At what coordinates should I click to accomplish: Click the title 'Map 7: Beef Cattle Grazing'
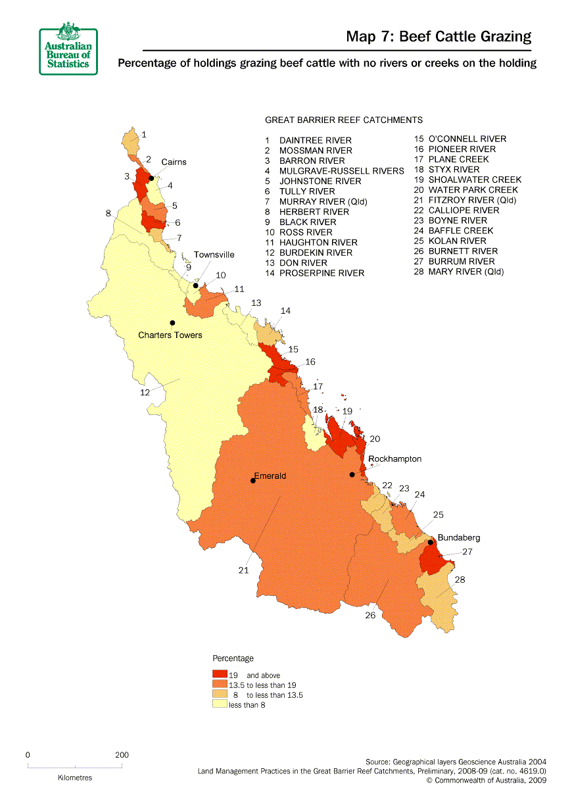(439, 37)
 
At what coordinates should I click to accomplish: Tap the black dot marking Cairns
(151, 178)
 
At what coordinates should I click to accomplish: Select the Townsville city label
(214, 255)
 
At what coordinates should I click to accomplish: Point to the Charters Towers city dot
(172, 322)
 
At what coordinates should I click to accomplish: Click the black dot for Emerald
(253, 481)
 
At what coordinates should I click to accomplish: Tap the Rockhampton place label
(394, 458)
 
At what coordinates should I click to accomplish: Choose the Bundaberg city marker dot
(431, 543)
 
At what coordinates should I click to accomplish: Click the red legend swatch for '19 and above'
(220, 675)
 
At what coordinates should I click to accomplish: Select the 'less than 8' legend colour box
(220, 704)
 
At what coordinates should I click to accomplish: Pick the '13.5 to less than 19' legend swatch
(220, 685)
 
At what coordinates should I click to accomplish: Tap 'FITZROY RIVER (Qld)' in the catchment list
(472, 200)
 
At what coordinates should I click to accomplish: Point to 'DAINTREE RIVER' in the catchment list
(315, 140)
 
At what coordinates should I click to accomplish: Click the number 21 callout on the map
(243, 570)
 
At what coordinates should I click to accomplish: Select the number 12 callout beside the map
(145, 392)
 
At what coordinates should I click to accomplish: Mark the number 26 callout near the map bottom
(371, 616)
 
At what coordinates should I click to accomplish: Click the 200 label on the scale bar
(122, 755)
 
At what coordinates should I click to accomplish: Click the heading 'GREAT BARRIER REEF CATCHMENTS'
(343, 120)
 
